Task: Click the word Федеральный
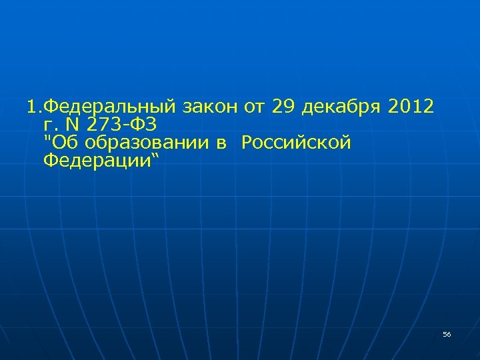[x=111, y=106]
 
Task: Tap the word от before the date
[x=255, y=106]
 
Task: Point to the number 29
[x=287, y=106]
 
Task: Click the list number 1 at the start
[x=31, y=106]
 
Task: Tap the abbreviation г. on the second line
[x=49, y=125]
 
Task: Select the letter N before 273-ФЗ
[x=71, y=124]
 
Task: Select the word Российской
[x=296, y=143]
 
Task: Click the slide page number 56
[x=447, y=334]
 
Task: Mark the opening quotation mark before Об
[x=45, y=139]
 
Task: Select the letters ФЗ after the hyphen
[x=145, y=124]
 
